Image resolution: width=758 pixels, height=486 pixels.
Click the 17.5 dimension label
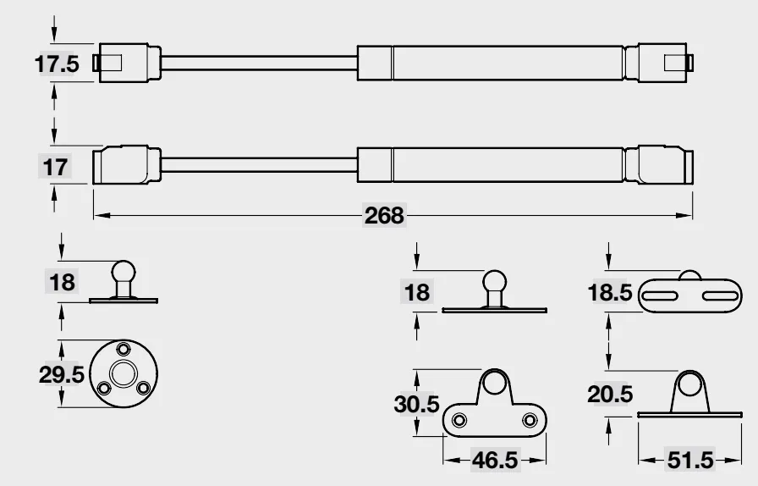[x=57, y=64]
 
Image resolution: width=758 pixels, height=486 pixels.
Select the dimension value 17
[x=55, y=167]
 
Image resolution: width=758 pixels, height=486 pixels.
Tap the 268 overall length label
[x=384, y=215]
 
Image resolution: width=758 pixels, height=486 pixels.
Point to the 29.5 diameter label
[x=62, y=375]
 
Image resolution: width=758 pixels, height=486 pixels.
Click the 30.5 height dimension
[x=417, y=404]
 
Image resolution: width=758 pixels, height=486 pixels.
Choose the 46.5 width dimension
[x=495, y=460]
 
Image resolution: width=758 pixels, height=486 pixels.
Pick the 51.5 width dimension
[x=690, y=460]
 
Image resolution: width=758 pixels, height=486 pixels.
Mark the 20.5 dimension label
[x=610, y=394]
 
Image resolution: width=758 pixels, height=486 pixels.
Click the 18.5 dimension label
[x=610, y=292]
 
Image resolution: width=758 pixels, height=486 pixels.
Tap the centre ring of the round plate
[x=124, y=373]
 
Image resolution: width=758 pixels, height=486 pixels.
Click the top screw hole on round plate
[x=124, y=349]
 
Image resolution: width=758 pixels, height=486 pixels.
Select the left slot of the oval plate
[x=659, y=295]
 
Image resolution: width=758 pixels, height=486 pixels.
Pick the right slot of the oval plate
[x=721, y=295]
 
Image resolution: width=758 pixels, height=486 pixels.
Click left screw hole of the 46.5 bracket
[x=459, y=420]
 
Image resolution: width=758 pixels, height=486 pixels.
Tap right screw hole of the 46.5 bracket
[x=530, y=420]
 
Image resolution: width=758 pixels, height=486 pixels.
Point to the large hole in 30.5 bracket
[x=495, y=382]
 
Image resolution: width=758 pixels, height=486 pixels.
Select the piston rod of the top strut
[x=259, y=64]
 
